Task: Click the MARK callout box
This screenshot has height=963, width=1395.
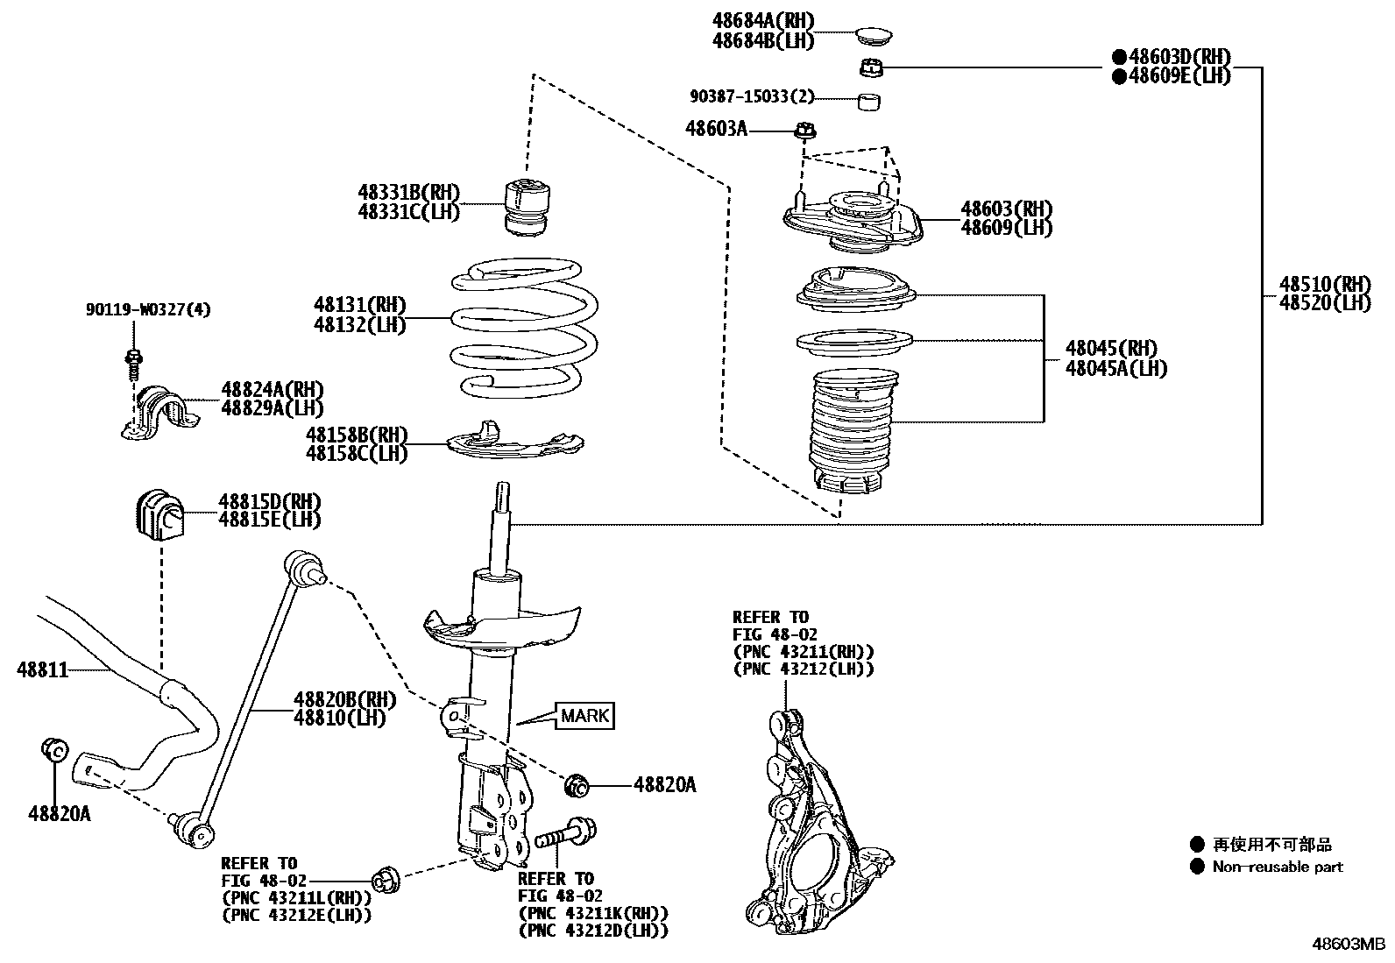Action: (584, 716)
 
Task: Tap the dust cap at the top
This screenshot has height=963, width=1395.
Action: (873, 38)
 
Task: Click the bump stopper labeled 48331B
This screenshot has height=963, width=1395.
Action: (531, 207)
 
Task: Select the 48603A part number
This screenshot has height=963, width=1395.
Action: (716, 129)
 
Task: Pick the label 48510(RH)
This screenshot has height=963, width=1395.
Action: (1323, 284)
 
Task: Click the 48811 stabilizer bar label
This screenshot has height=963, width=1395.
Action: (42, 671)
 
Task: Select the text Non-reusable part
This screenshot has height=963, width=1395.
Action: (1277, 867)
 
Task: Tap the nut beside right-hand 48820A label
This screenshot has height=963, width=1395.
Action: (577, 785)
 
